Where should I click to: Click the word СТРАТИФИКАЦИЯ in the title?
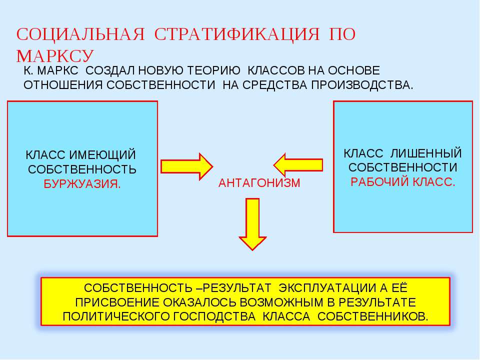(237, 34)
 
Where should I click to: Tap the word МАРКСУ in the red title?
(55, 56)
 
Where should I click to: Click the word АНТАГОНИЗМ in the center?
(259, 183)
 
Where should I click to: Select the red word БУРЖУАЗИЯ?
(82, 184)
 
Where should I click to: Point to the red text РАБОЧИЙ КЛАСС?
(403, 182)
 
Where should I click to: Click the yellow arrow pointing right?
(186, 166)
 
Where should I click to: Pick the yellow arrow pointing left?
(298, 165)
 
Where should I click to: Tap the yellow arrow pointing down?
(252, 224)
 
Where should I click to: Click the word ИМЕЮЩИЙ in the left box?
(102, 155)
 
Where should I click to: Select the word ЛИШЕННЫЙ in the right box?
(426, 153)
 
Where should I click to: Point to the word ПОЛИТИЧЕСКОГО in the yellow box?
(116, 316)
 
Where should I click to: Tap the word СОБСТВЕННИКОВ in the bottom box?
(373, 316)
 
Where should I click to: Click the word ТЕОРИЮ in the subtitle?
(213, 70)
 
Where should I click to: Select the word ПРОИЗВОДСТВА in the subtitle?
(362, 85)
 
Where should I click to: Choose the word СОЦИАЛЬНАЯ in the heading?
(80, 34)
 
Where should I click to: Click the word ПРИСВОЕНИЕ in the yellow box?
(117, 302)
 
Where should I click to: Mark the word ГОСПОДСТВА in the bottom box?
(214, 316)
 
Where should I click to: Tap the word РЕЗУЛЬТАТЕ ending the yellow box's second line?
(377, 302)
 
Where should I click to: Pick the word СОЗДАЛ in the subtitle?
(110, 70)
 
